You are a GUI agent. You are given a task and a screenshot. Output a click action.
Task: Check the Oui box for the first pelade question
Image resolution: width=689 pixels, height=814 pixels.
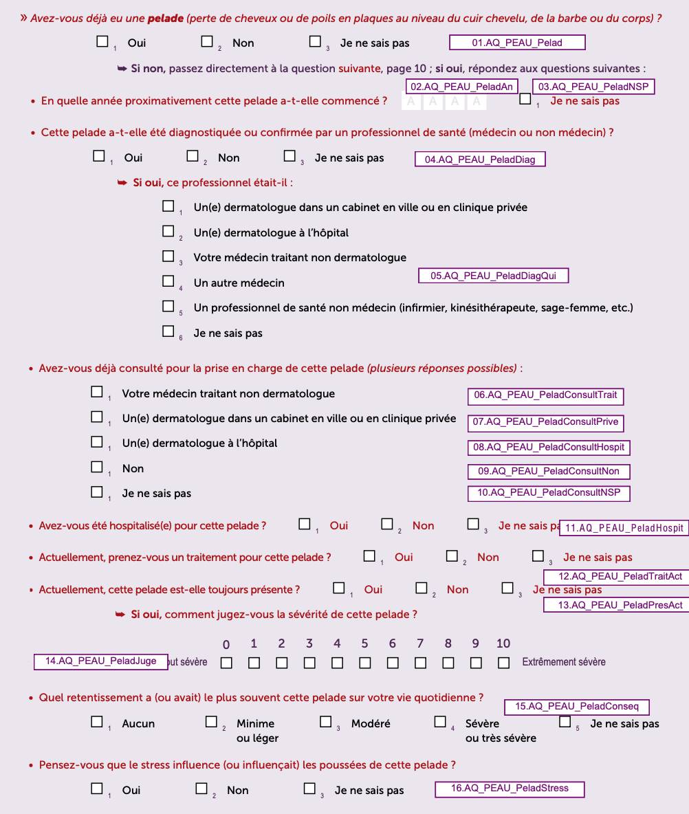pos(102,42)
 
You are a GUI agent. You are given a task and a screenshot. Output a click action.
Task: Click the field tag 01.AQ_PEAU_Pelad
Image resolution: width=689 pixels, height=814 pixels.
pos(516,43)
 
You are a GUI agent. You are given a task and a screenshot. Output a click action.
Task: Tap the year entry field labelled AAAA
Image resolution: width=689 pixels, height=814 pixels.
pos(445,102)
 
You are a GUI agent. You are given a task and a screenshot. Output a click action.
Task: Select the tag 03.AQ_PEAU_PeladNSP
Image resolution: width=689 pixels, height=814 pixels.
pos(593,87)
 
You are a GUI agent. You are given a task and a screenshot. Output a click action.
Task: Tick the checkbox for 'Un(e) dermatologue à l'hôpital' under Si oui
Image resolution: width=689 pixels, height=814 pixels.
pos(168,232)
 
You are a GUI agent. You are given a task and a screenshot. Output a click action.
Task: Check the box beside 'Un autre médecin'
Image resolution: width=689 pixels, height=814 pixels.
pos(168,281)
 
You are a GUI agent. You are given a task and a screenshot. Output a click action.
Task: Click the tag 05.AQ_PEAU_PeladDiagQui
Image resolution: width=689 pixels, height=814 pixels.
pos(493,276)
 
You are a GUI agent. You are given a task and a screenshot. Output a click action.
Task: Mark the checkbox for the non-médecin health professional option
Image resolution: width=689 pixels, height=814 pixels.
pos(168,307)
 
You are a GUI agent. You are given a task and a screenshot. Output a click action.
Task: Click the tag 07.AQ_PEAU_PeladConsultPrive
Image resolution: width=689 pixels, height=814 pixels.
pos(545,421)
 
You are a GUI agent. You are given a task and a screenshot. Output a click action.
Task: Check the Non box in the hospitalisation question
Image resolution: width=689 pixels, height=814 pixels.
pos(388,525)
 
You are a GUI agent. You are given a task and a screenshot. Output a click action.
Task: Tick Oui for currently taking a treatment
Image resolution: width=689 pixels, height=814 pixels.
pos(370,556)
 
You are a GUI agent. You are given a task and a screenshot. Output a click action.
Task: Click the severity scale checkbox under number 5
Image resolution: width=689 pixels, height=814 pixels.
pos(364,663)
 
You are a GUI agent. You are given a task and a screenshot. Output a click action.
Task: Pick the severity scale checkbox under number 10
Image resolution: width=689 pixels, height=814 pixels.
pos(504,663)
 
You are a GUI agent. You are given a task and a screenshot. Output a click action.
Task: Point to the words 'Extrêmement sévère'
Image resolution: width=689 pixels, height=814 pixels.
pos(563,662)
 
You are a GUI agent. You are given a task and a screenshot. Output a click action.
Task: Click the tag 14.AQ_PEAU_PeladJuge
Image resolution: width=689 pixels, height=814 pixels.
pos(101,661)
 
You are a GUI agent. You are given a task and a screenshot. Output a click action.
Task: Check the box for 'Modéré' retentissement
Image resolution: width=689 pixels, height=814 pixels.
pos(326,723)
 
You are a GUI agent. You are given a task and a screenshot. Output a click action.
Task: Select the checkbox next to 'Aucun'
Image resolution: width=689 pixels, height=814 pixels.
pos(97,723)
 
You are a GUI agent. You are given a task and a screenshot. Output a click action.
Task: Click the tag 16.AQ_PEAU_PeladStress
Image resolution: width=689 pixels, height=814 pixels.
pos(510,789)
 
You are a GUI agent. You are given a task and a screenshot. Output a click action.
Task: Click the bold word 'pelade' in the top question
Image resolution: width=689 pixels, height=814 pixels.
pos(166,19)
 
